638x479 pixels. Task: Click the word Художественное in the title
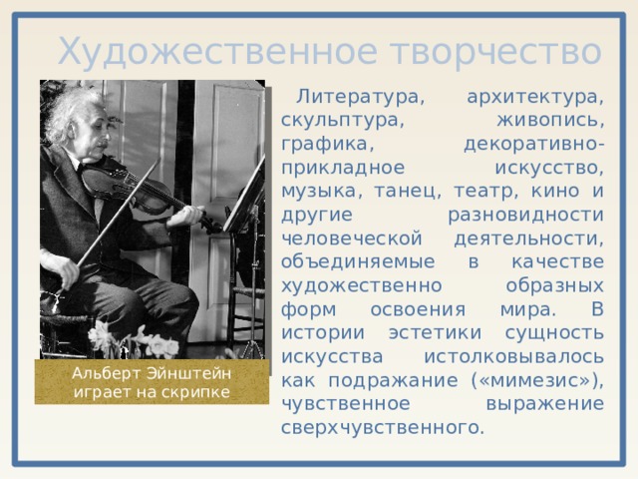[x=191, y=50]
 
